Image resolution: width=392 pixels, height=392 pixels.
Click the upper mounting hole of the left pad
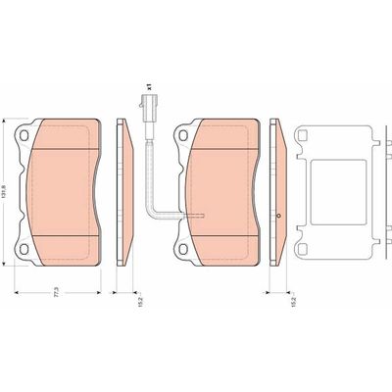coord(24,135)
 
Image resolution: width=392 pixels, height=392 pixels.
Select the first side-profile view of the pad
coord(123,192)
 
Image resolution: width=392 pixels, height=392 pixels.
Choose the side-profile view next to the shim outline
coord(275,192)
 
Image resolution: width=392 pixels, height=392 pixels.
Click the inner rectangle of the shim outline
coord(335,192)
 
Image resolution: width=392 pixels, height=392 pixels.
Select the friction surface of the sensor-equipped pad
coord(224,186)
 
